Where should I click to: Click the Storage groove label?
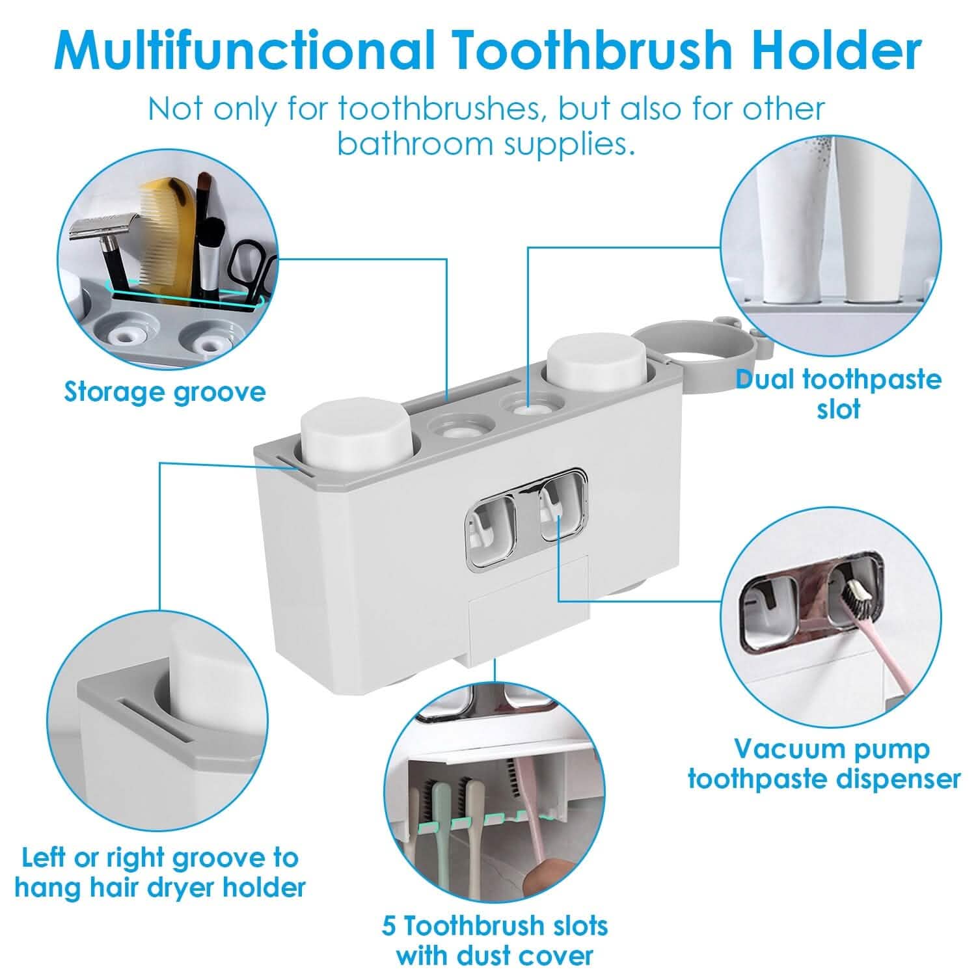click(165, 392)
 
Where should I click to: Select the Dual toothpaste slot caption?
click(839, 394)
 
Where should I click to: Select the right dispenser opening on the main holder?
click(563, 508)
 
